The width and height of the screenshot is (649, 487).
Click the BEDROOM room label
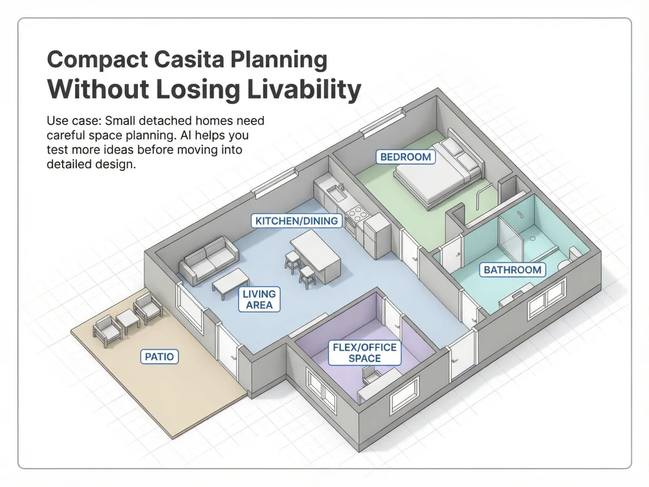point(406,157)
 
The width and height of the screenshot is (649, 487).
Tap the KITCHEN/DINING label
point(296,221)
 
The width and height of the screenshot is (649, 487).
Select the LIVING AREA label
point(259,299)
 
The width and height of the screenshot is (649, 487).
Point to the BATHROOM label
point(512,269)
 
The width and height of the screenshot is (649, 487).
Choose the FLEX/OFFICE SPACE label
point(365,353)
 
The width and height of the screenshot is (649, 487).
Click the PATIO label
point(160,357)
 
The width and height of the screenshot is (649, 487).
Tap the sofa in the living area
point(209,260)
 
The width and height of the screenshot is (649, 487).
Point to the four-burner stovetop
point(357,214)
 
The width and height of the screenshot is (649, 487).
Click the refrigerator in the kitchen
point(378,236)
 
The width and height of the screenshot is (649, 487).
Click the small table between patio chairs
point(128,321)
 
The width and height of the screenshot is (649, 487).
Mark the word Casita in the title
point(189,60)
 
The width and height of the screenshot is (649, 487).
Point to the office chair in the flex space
point(371,375)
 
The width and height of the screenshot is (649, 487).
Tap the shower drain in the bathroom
point(533,238)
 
